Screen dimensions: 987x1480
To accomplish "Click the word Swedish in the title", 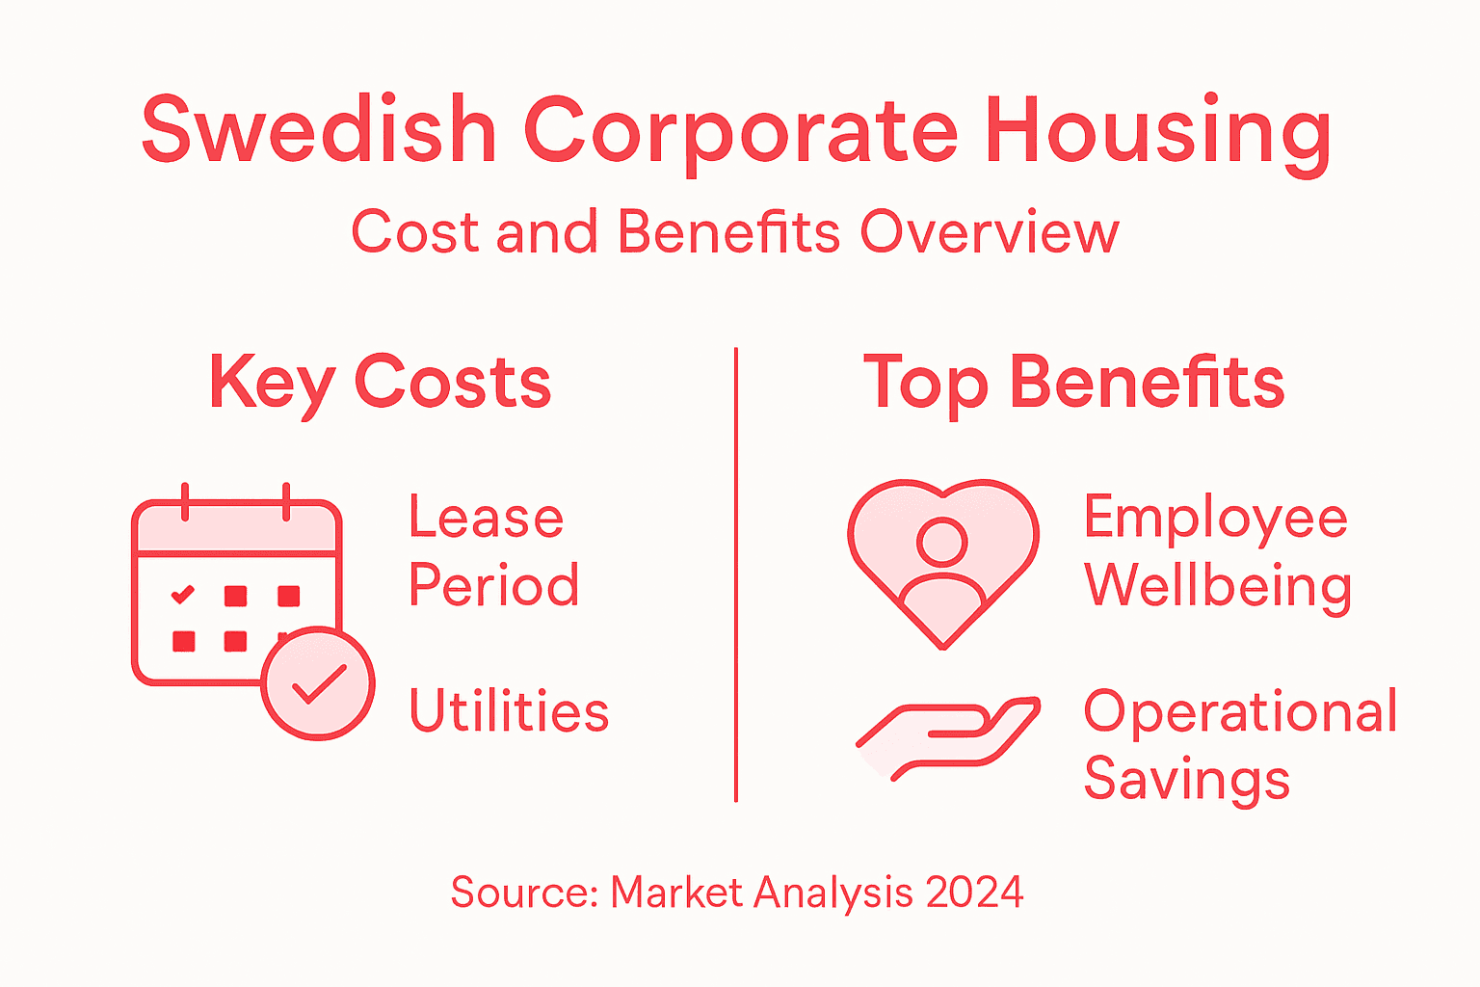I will point(319,130).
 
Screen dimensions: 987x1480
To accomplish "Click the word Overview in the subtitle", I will point(990,232).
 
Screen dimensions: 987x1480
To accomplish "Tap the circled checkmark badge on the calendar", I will point(318,683).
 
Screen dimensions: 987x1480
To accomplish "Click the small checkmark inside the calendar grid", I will point(182,595).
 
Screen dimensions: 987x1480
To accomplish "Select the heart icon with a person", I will point(942,563).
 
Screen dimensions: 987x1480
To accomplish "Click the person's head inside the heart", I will point(941,542).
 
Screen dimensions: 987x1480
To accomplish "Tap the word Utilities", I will point(509,711).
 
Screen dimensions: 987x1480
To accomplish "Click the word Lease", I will point(486,519).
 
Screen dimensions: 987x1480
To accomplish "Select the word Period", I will point(493,585).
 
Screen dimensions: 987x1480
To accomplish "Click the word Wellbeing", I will point(1218,586).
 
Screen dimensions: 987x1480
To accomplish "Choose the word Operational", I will point(1240,712).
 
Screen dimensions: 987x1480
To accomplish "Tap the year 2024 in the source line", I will point(974,893).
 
